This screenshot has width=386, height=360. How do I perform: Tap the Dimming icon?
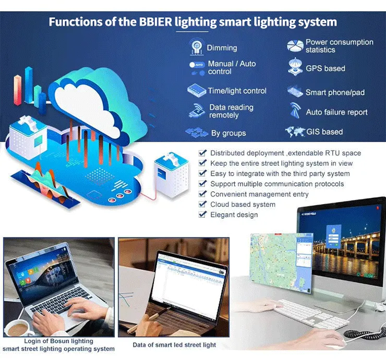pyautogui.click(x=197, y=47)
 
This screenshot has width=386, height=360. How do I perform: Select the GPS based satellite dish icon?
pyautogui.click(x=295, y=67)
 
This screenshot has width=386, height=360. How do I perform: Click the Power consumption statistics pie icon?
pyautogui.click(x=295, y=46)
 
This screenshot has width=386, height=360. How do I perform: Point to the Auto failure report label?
pyautogui.click(x=336, y=113)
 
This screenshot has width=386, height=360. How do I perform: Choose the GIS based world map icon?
pyautogui.click(x=295, y=132)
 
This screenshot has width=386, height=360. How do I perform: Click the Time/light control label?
pyautogui.click(x=237, y=91)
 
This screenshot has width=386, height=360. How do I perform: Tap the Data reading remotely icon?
pyautogui.click(x=197, y=111)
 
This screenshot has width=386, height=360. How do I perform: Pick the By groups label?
pyautogui.click(x=228, y=133)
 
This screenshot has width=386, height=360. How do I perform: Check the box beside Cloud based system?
pyautogui.click(x=203, y=204)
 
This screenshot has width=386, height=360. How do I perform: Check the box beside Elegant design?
pyautogui.click(x=203, y=215)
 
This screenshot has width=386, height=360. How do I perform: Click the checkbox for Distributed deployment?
pyautogui.click(x=203, y=153)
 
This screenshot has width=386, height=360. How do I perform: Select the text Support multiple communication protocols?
pyautogui.click(x=277, y=184)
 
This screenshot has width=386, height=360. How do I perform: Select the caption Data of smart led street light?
pyautogui.click(x=174, y=345)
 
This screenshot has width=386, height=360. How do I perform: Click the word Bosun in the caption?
pyautogui.click(x=58, y=341)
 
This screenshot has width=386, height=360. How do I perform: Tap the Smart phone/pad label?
pyautogui.click(x=335, y=93)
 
